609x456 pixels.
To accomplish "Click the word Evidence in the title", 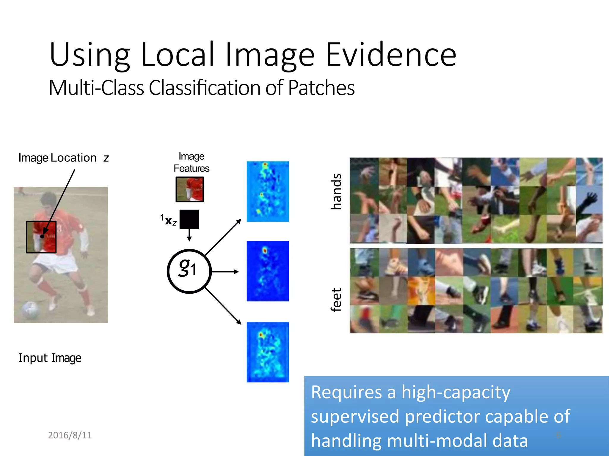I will click(x=391, y=55).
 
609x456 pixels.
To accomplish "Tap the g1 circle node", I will click(x=189, y=271).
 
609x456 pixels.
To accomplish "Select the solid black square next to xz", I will click(x=189, y=219).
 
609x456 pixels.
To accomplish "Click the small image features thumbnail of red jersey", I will click(x=190, y=189).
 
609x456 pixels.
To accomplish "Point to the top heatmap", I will click(x=268, y=191).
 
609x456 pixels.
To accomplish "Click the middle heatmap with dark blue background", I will click(x=268, y=271).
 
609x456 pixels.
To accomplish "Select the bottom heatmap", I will click(x=268, y=352).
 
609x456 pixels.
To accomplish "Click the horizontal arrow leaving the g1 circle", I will click(x=225, y=271).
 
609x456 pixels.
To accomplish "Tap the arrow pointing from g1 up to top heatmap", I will click(x=223, y=237).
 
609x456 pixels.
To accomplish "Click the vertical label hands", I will click(x=336, y=192).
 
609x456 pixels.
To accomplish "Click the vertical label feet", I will click(x=336, y=300).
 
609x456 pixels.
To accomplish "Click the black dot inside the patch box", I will click(x=42, y=236).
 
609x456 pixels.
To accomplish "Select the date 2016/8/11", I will click(x=70, y=435).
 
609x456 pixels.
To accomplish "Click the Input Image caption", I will click(x=50, y=358).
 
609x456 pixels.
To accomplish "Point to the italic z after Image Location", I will click(x=106, y=158).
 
